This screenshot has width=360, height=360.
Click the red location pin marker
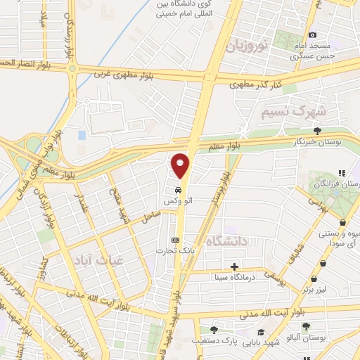181,166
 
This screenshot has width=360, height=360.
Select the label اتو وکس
179,202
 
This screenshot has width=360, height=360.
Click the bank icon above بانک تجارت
175,239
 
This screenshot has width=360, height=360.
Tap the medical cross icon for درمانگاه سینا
234,266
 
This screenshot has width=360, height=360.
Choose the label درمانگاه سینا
233,278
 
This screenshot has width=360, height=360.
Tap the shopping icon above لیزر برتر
323,264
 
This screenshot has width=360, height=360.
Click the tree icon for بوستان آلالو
306,326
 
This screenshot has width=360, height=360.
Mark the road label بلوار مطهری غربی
128,72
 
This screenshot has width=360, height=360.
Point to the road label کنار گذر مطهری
257,84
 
